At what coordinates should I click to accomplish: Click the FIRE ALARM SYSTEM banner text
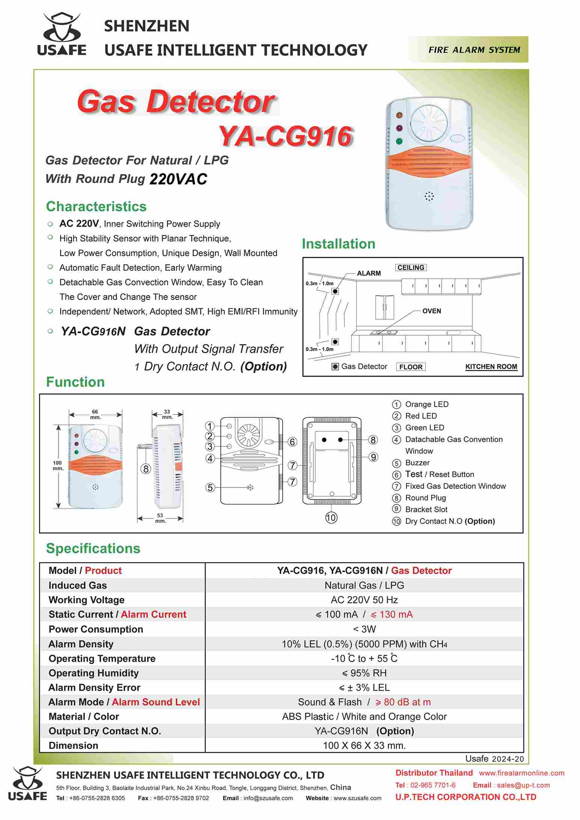tap(474, 50)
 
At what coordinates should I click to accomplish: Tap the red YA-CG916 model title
tap(286, 136)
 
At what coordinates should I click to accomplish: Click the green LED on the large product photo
tap(399, 141)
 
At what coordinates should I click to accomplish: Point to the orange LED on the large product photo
tap(399, 115)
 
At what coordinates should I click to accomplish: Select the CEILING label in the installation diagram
tap(411, 268)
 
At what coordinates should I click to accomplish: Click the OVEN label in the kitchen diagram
tap(431, 311)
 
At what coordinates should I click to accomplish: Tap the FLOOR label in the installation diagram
tap(411, 367)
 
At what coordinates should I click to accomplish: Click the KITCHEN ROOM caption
tap(491, 367)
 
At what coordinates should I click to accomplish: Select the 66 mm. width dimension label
tap(95, 414)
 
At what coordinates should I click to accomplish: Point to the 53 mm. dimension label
tap(160, 518)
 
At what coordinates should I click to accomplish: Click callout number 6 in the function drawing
tap(292, 442)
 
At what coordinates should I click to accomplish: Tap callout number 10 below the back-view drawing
tap(331, 518)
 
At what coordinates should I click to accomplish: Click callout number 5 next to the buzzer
tap(210, 487)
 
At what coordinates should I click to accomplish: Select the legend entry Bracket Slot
tap(426, 509)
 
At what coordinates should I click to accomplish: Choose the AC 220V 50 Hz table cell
tap(364, 600)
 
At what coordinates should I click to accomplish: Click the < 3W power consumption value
tap(364, 629)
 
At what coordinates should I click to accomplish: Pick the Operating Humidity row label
tap(93, 673)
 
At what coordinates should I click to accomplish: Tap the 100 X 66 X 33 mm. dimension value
tap(364, 745)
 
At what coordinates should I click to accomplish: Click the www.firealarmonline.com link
tap(521, 773)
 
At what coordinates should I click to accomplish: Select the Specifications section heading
tap(93, 548)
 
